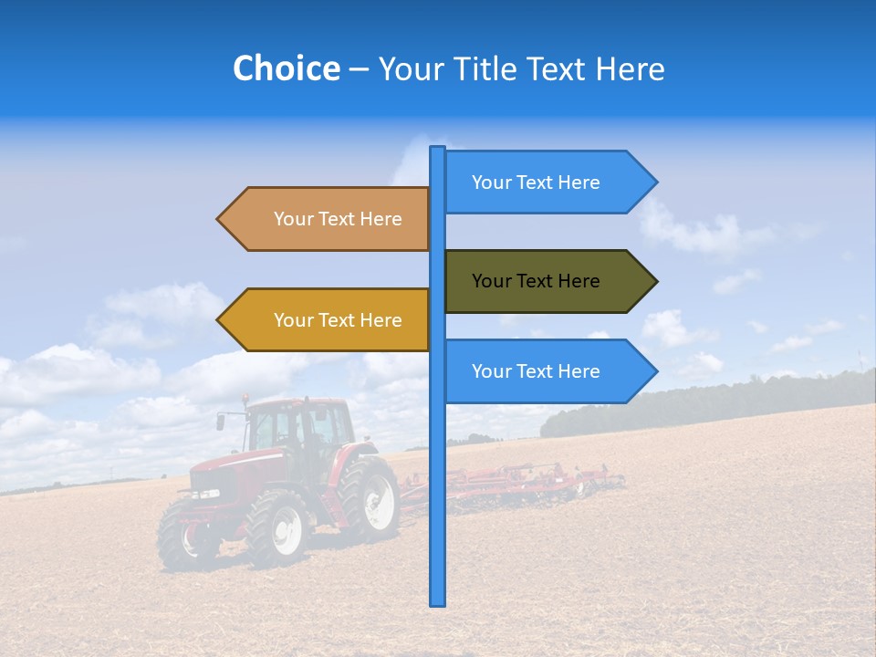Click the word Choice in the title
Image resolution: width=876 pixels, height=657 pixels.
[x=286, y=69]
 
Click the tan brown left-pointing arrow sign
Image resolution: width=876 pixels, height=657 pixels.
[x=328, y=219]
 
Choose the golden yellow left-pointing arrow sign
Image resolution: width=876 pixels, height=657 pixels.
[x=328, y=320]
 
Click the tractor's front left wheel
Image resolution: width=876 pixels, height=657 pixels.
[x=277, y=528]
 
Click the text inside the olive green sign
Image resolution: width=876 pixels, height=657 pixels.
[x=536, y=281]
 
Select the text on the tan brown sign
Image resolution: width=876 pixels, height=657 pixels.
[x=338, y=219]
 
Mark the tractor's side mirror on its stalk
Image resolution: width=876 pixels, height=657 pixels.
[x=221, y=422]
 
